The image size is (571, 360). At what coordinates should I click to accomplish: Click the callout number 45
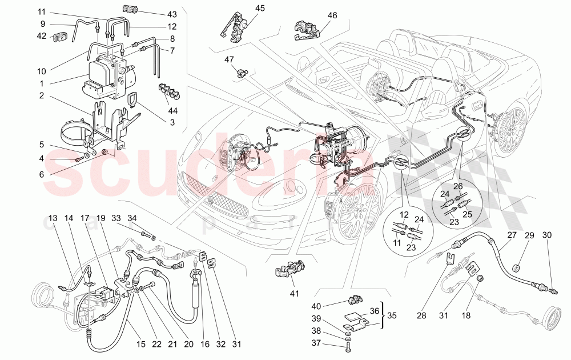click(260, 8)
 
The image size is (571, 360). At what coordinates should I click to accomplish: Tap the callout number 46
click(331, 17)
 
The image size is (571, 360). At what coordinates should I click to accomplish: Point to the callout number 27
click(512, 235)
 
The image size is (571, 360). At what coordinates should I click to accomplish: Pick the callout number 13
click(53, 218)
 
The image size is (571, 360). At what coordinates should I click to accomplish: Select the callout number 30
click(547, 235)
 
